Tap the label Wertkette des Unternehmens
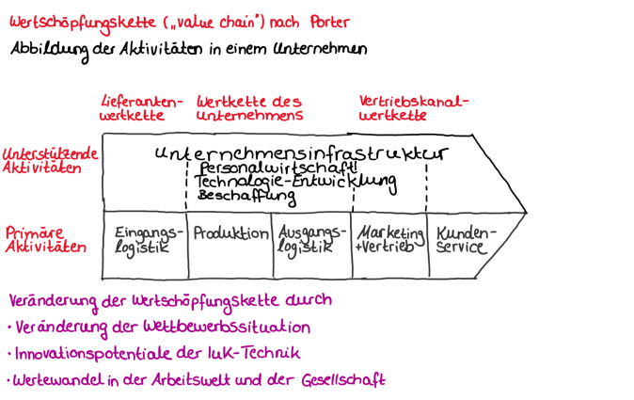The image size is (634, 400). (249, 108)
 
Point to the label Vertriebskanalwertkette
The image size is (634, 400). (414, 108)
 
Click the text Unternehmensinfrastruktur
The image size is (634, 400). (300, 152)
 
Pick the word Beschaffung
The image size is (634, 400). (246, 197)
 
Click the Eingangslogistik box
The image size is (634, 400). (143, 242)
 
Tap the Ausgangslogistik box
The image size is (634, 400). (310, 242)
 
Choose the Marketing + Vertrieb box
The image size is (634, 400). (387, 242)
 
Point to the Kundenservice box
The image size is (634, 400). (468, 242)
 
